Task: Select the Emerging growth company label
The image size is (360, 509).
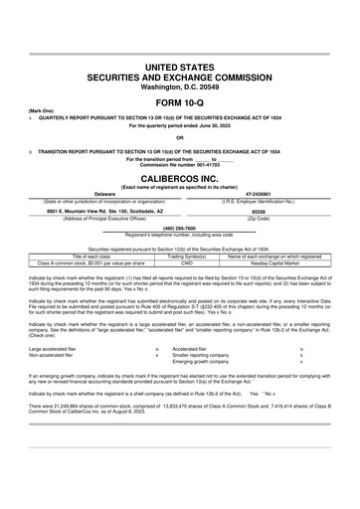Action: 206,362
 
